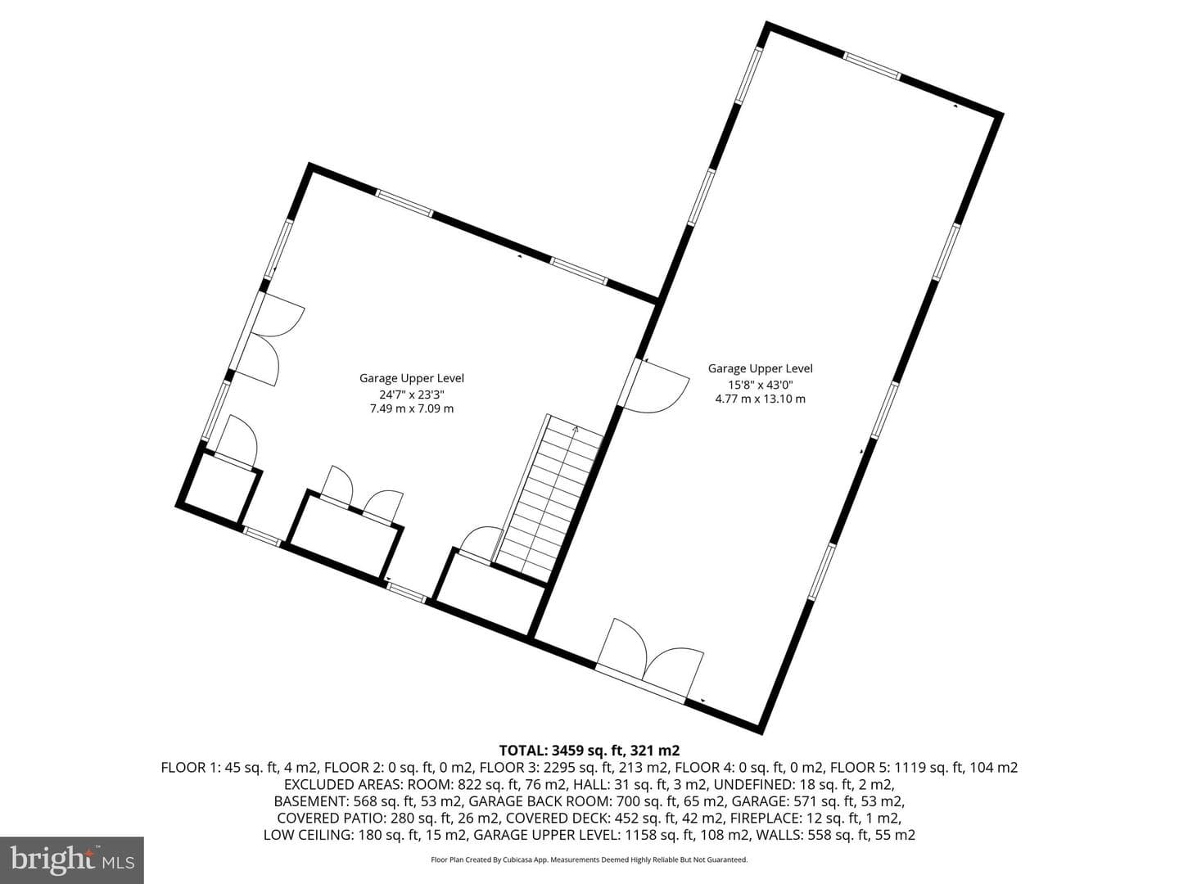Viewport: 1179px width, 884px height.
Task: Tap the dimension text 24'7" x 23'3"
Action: tap(412, 395)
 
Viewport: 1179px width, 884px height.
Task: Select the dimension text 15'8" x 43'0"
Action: tap(761, 385)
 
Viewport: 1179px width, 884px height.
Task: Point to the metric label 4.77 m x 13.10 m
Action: tap(760, 399)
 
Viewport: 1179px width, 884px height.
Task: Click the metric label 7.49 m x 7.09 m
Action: tap(412, 408)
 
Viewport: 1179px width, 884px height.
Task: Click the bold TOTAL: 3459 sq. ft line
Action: tap(589, 750)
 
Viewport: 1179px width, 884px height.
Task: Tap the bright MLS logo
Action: tap(72, 859)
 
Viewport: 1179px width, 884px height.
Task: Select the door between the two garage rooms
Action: tap(654, 386)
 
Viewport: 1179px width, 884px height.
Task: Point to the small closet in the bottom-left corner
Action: tap(219, 489)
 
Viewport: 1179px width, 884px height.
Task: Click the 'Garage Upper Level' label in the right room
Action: tap(760, 368)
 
